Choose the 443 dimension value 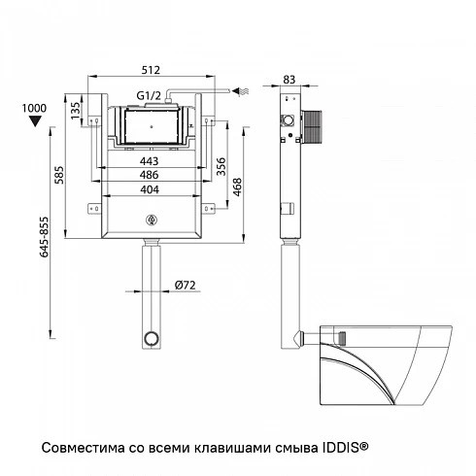tap(149, 161)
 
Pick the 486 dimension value tap(149, 175)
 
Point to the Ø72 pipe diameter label tap(185, 286)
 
